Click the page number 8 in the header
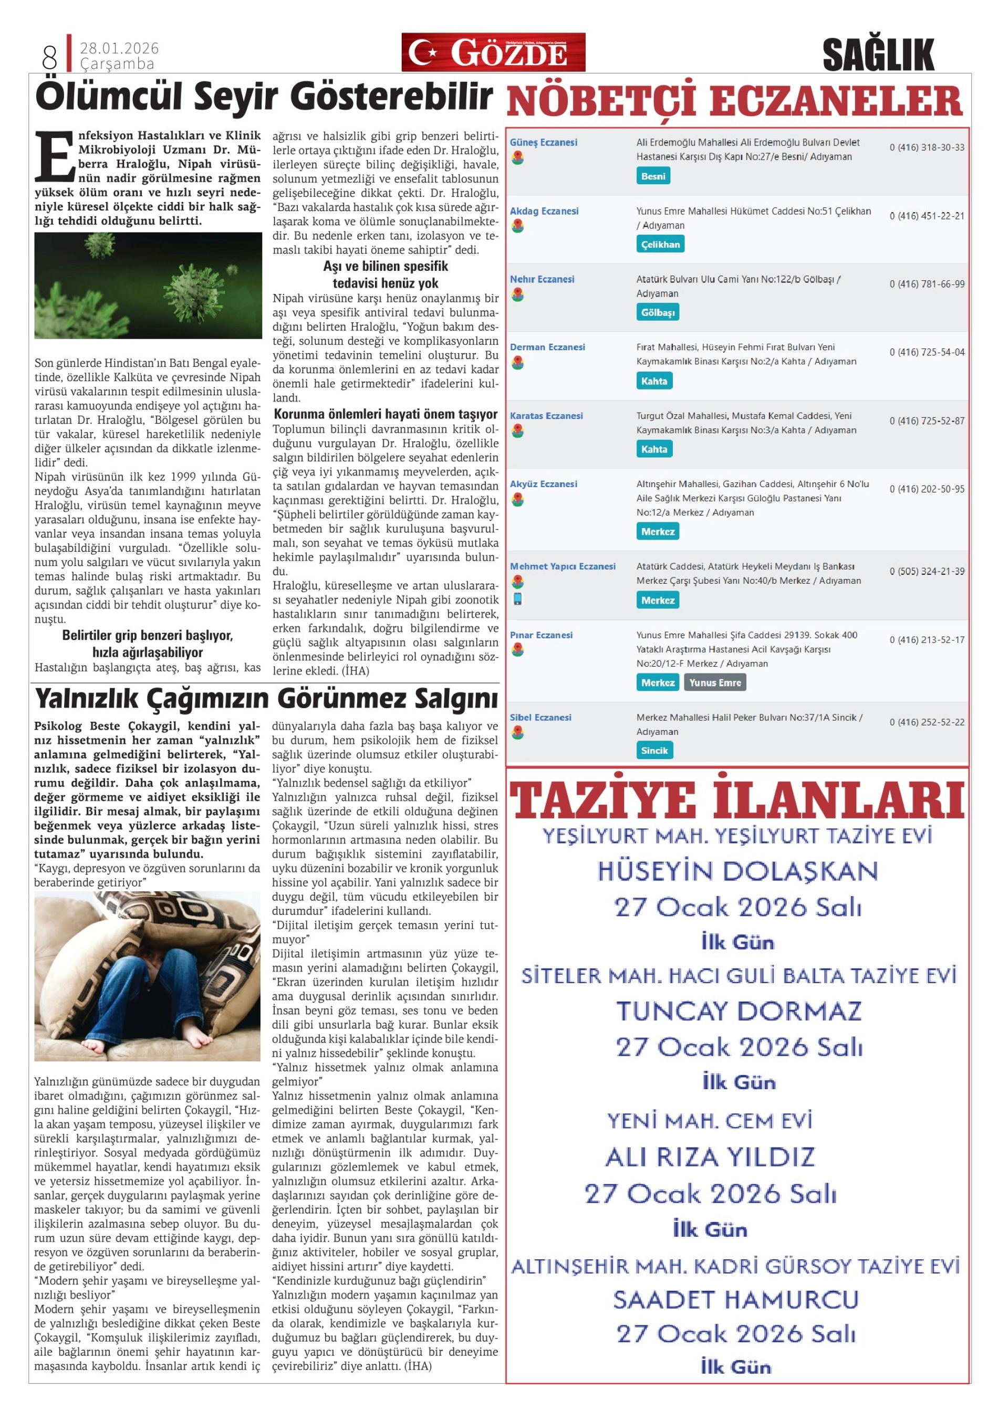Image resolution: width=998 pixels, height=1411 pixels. click(49, 58)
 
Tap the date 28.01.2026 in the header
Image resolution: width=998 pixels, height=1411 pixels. click(119, 48)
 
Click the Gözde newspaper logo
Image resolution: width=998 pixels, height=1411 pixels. click(493, 52)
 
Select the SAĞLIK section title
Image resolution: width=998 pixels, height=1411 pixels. click(878, 55)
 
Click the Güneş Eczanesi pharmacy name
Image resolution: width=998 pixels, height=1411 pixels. click(543, 143)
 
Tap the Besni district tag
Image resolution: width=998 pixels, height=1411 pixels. click(652, 176)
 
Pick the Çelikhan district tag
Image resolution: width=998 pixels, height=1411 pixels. click(660, 245)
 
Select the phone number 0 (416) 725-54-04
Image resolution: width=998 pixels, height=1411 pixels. click(927, 352)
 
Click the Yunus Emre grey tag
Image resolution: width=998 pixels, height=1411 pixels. click(714, 683)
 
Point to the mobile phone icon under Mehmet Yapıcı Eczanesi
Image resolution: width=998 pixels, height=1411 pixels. click(518, 598)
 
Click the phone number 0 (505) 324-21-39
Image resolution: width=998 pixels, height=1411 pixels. click(927, 572)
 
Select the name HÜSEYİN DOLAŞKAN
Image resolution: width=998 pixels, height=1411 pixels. click(737, 871)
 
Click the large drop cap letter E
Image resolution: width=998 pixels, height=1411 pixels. click(55, 157)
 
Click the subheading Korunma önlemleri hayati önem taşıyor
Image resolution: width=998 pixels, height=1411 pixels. click(386, 414)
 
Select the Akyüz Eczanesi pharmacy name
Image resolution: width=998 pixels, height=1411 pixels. click(543, 485)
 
